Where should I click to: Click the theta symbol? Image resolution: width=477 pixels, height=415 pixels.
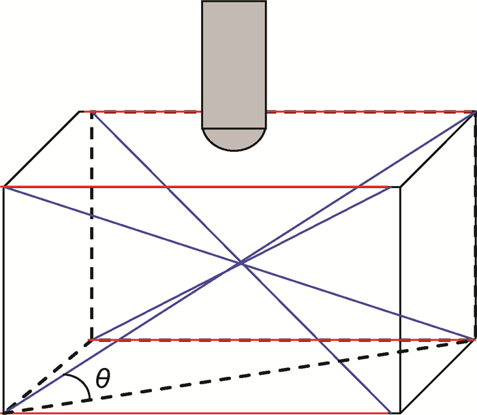(x=102, y=380)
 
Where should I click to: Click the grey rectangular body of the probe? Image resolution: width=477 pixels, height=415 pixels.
(x=234, y=61)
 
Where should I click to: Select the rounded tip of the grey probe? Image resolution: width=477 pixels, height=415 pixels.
(x=234, y=140)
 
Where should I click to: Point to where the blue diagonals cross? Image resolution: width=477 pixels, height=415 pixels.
(x=240, y=262)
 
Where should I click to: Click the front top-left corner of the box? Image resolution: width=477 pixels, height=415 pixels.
(x=5, y=186)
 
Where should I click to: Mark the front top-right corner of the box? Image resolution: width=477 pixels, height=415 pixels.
(x=399, y=186)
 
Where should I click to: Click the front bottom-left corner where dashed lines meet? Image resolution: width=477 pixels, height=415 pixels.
(x=5, y=412)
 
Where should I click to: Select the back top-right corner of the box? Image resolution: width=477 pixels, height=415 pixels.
(x=474, y=111)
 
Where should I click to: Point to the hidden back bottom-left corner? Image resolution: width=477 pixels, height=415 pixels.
(x=91, y=339)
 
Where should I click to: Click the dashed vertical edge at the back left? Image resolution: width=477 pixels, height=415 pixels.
(x=91, y=225)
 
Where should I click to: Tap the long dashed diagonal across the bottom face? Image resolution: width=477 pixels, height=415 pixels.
(x=273, y=371)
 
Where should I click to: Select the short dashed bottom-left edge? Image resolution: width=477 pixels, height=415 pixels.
(x=48, y=375)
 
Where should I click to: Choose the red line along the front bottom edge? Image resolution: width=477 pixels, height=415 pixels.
(x=204, y=413)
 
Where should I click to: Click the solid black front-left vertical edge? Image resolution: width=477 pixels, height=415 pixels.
(x=5, y=300)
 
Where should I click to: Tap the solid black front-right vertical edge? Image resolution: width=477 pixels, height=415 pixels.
(x=399, y=300)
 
